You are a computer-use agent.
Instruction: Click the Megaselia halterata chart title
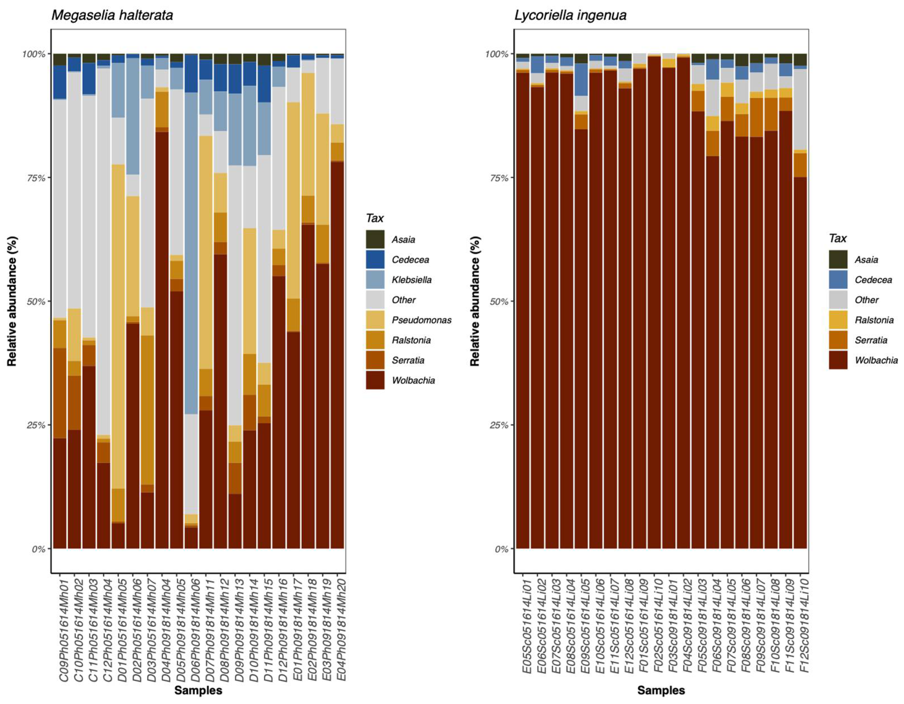112,15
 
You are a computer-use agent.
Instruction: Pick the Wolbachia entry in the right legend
876,360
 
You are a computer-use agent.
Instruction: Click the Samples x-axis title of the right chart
661,690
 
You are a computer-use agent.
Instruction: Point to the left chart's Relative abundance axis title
12,301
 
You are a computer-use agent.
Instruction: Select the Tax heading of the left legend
375,218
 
